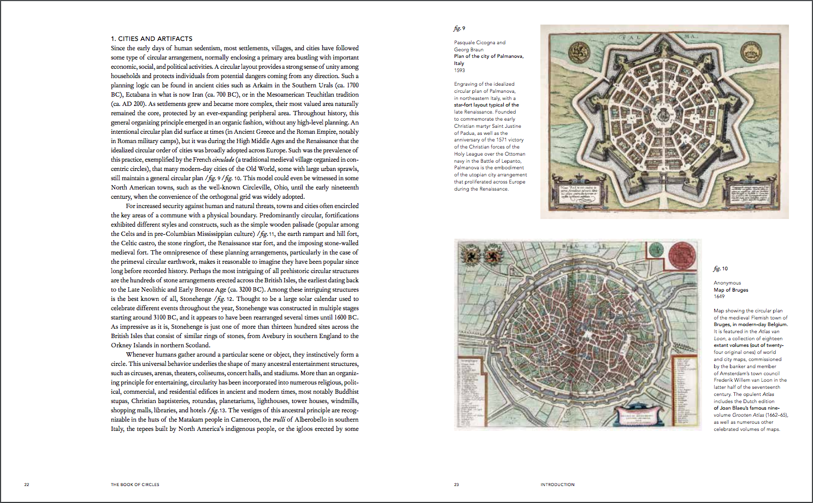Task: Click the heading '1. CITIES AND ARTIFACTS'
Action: point(151,39)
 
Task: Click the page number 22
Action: point(26,484)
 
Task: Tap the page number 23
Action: point(457,484)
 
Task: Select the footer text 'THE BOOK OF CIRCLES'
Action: point(135,484)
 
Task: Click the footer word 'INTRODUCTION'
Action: point(557,484)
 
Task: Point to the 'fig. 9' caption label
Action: point(459,28)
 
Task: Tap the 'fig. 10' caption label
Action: point(721,269)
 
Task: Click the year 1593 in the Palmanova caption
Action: point(459,70)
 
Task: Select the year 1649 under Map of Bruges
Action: point(719,297)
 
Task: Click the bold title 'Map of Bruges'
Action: point(731,290)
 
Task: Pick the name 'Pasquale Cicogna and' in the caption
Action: point(480,43)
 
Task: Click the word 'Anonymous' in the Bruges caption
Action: point(727,283)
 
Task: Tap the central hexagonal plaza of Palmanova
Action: point(664,115)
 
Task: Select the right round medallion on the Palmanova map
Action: point(751,54)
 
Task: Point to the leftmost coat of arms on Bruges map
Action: point(470,255)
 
